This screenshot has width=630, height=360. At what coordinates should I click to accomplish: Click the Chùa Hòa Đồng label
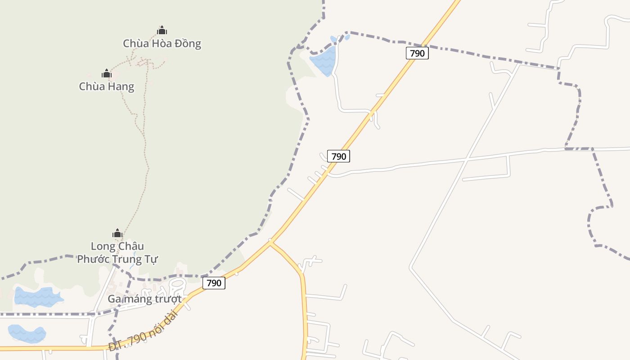[x=162, y=44]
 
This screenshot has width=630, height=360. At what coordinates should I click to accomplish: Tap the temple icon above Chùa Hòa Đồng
[x=162, y=31]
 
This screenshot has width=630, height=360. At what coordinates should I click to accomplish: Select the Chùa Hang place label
[x=107, y=86]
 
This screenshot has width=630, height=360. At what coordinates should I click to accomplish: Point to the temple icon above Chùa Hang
[x=107, y=73]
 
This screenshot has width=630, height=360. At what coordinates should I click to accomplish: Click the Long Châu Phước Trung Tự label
[x=117, y=252]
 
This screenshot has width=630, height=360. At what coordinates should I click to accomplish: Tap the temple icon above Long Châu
[x=117, y=233]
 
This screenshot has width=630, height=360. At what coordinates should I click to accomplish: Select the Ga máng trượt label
[x=144, y=299]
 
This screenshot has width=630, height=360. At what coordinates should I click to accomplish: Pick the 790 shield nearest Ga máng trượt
[x=214, y=283]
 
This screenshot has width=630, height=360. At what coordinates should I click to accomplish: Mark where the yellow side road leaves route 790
[x=270, y=243]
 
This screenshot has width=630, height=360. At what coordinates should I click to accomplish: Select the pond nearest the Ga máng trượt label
[x=38, y=297]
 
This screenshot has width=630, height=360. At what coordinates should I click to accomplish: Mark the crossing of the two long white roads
[x=467, y=159]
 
